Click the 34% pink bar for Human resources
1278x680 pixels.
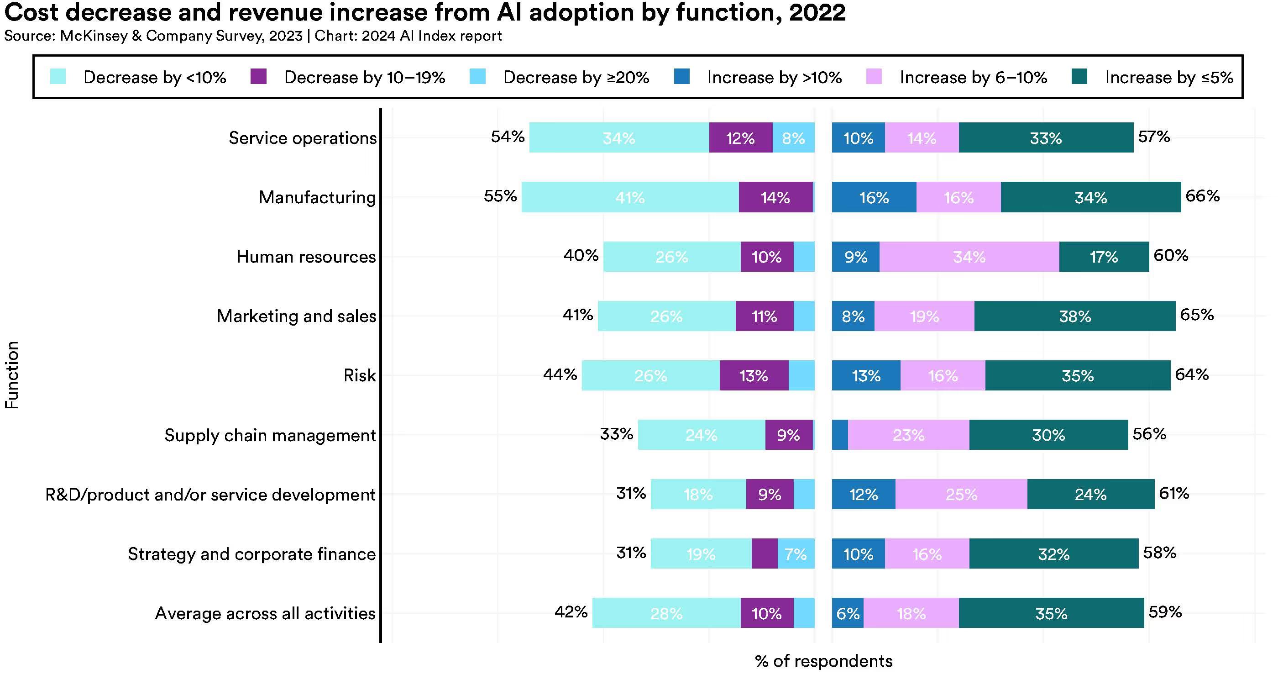pos(969,257)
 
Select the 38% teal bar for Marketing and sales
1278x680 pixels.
pos(1074,316)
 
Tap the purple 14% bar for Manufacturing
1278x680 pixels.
pos(775,197)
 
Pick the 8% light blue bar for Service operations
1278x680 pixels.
pos(793,137)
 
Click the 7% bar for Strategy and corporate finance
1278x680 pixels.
pos(796,553)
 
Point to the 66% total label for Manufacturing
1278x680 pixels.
pos(1202,196)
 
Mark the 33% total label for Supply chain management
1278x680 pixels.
pos(616,434)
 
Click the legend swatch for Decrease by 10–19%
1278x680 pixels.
pos(258,77)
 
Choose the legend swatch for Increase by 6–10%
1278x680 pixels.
pos(874,77)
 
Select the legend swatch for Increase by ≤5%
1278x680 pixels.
pos(1079,77)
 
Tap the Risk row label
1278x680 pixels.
pos(360,376)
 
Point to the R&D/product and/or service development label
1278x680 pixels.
pos(210,495)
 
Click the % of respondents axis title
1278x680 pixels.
pos(823,661)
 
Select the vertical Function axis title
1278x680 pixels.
pos(12,375)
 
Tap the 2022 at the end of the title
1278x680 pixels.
pos(817,13)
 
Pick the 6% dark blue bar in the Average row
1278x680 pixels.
pos(848,613)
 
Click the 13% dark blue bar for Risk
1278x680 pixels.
pos(866,376)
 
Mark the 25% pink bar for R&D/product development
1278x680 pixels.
pos(961,495)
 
